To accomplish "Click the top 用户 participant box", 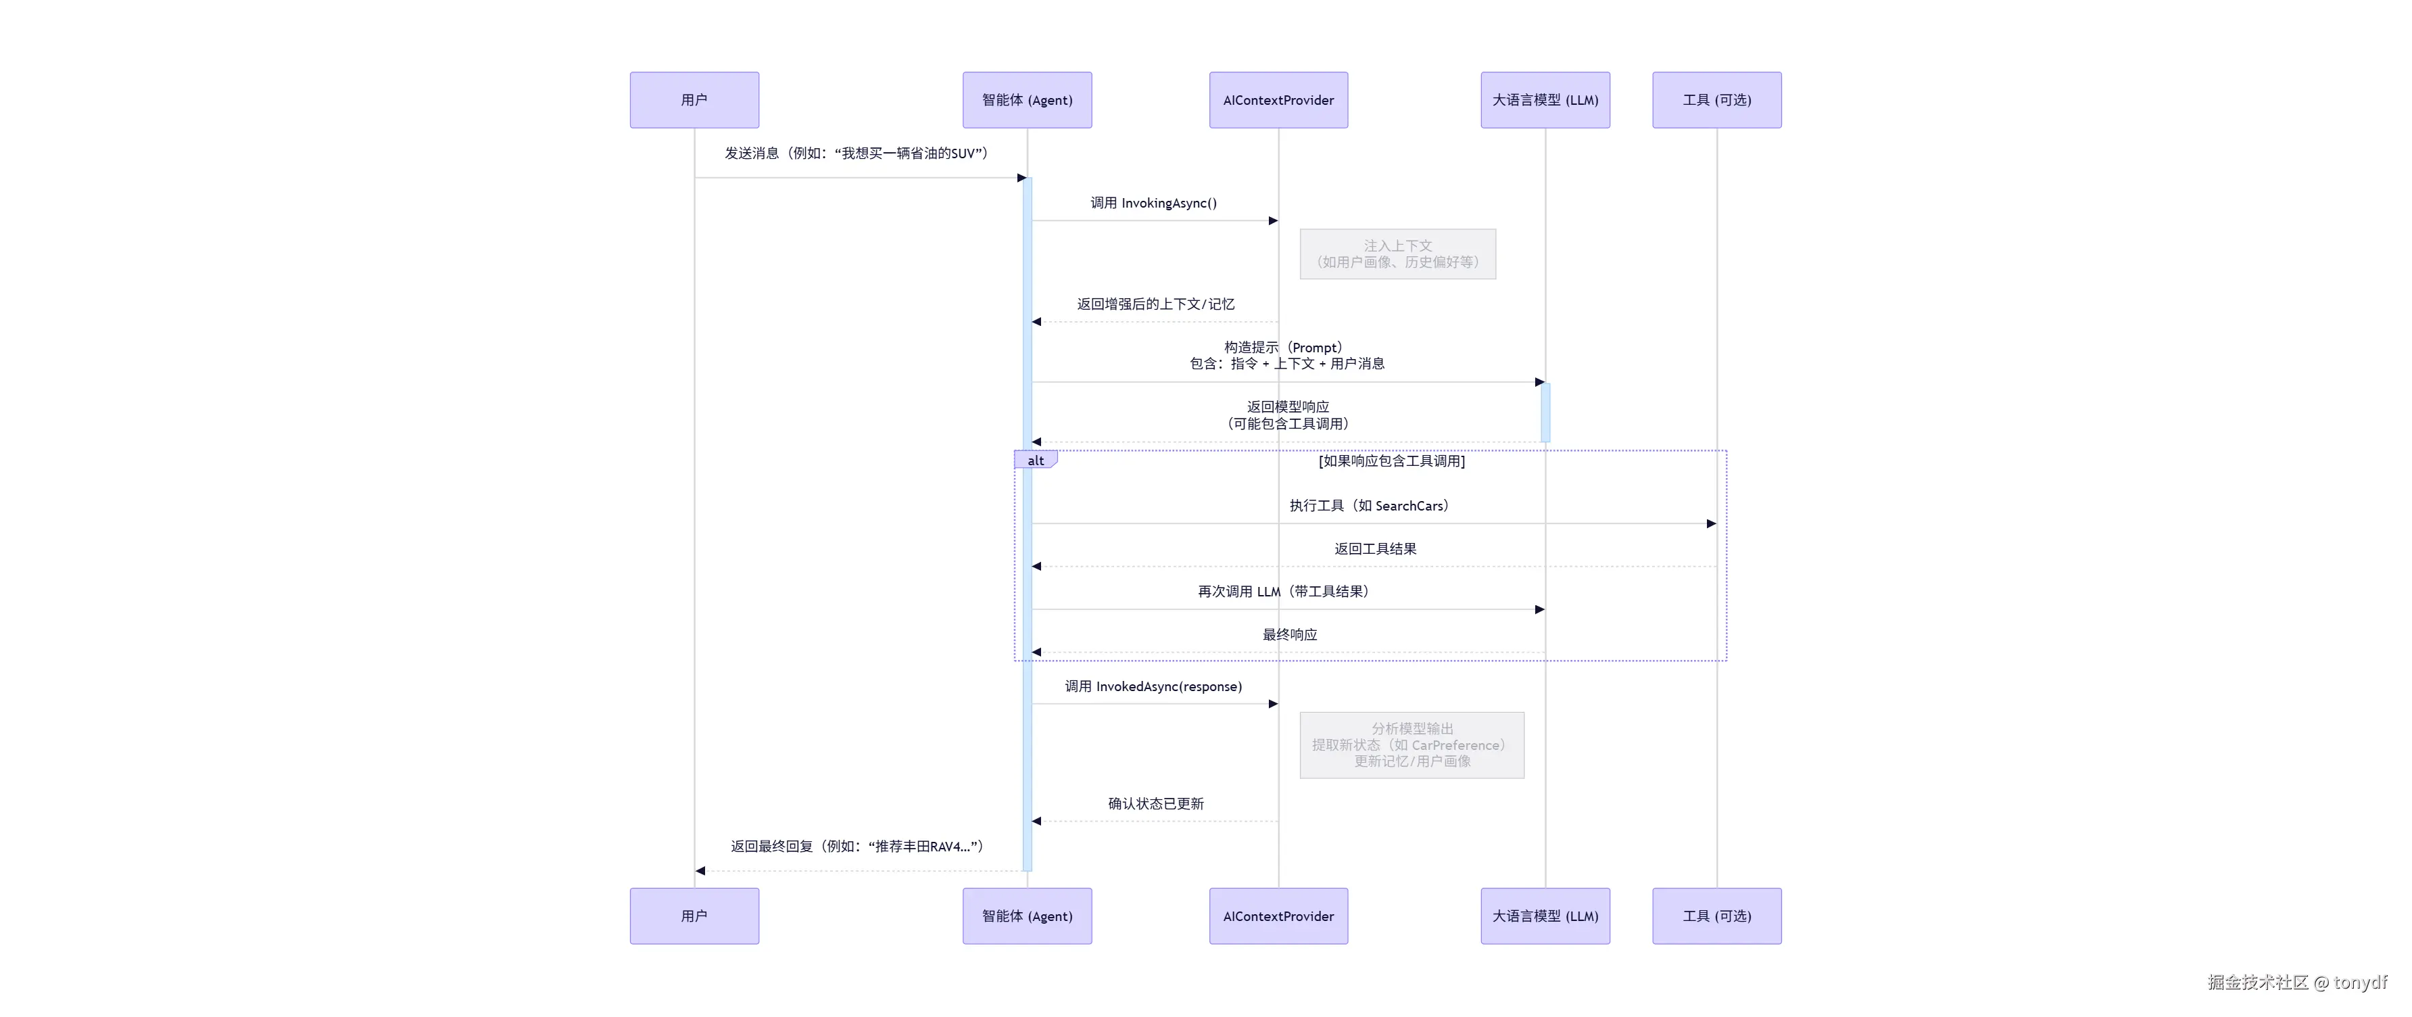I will coord(694,100).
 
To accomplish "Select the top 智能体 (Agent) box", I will coord(1026,100).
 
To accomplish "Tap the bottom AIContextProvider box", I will coord(1278,916).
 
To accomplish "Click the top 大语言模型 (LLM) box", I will coord(1545,100).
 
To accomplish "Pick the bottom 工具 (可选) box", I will coord(1716,916).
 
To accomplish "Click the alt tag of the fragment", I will coord(1035,460).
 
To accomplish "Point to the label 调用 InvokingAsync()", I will coord(1153,204).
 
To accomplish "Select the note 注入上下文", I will coord(1397,254).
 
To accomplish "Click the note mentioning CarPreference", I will coord(1411,745).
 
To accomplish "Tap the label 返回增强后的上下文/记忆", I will coord(1155,304).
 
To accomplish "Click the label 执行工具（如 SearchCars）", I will coord(1369,506).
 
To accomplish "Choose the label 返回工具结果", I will coord(1374,549).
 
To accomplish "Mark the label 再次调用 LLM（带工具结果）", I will coord(1284,592).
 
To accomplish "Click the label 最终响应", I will coord(1289,635).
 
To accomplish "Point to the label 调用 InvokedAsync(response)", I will coord(1153,686).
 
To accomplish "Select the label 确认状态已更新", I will coord(1155,803).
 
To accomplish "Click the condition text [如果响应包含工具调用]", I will coord(1391,460).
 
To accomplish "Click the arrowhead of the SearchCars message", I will coord(1711,523).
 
